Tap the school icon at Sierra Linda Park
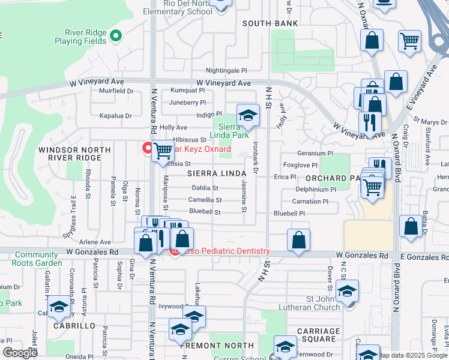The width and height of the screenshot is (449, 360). coord(248,115)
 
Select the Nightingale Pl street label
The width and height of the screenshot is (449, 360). coord(226,71)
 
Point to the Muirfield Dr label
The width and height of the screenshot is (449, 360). coord(116,91)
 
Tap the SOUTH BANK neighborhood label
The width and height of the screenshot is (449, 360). coord(270,23)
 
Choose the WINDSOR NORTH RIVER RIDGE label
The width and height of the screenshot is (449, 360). coord(70,153)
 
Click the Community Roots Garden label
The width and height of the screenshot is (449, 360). coord(38,259)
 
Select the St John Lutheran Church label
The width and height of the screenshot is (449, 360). coord(314,302)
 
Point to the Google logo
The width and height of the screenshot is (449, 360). coord(20,353)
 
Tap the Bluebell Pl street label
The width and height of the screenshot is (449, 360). coord(289,213)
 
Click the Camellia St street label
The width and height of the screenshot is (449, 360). coord(205,200)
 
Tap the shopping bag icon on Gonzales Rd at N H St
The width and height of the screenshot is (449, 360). coord(298,240)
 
